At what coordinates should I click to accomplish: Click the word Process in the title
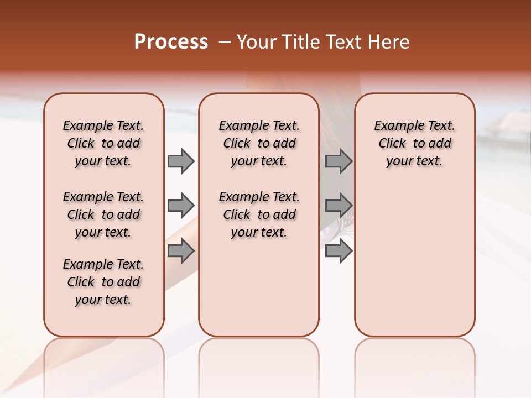(171, 42)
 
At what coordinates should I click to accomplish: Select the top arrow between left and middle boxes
(181, 161)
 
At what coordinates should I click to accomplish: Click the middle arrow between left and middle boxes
(181, 206)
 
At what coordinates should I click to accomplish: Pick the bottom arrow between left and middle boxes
(181, 252)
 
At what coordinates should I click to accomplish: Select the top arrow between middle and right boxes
(339, 161)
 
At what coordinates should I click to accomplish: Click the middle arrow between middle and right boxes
(339, 206)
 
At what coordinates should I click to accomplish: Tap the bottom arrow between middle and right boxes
(339, 252)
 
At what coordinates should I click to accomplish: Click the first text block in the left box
(103, 143)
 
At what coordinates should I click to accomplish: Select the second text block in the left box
(103, 214)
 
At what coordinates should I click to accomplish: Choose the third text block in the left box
(103, 282)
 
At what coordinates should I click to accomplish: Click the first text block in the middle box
(259, 143)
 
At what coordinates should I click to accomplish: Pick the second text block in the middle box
(259, 214)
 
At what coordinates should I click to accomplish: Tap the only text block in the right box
(414, 143)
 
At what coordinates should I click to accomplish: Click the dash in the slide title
(225, 42)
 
